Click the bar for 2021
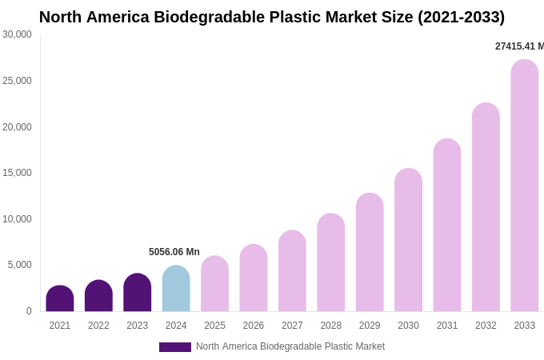click(60, 298)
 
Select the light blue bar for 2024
click(176, 289)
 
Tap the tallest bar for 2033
click(524, 186)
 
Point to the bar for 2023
click(138, 293)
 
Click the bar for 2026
click(254, 278)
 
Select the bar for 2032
click(486, 207)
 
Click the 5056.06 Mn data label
click(174, 252)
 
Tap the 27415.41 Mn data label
click(519, 46)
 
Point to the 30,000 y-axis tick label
click(17, 34)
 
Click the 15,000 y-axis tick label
click(17, 173)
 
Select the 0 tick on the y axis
click(29, 311)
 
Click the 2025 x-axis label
click(214, 326)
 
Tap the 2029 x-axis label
click(370, 326)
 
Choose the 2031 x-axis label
click(447, 326)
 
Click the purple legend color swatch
click(175, 347)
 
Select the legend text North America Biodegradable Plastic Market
click(290, 346)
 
